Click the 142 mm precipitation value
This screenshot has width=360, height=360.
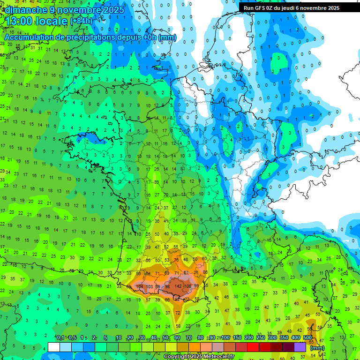point(178,286)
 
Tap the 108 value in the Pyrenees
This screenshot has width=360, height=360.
point(188,286)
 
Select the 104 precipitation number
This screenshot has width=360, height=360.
point(140,286)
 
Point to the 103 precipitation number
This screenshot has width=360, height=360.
point(150,286)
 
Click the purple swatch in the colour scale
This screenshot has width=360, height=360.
point(300,347)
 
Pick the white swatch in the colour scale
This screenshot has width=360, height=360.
point(54,347)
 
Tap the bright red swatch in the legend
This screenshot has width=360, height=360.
point(253,347)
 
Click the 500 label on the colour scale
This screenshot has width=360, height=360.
point(307,338)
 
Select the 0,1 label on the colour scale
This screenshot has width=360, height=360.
point(60,338)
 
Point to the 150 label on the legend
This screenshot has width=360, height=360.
point(237,338)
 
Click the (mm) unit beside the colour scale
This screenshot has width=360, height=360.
point(317,348)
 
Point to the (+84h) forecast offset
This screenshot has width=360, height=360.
point(81,22)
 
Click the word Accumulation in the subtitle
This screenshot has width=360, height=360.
point(29,37)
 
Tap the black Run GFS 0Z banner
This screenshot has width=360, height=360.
point(296,8)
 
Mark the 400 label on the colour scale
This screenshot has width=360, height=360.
point(296,338)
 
